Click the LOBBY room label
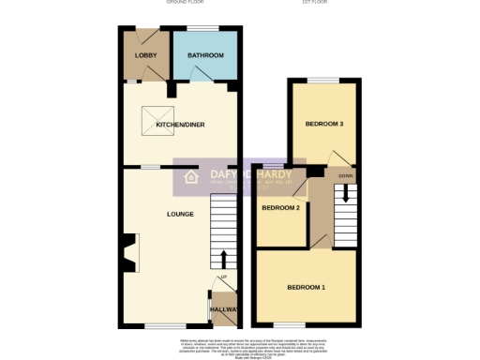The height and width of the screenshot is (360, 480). click(x=145, y=56)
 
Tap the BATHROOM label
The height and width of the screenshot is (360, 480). click(x=205, y=56)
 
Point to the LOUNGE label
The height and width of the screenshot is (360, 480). click(x=180, y=214)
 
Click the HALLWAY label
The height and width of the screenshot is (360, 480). click(x=224, y=309)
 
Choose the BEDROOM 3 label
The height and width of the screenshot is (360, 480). click(x=323, y=125)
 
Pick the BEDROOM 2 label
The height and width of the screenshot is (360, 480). click(x=280, y=207)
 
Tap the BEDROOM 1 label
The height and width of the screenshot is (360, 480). click(x=306, y=286)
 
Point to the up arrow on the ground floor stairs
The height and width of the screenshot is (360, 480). click(x=223, y=257)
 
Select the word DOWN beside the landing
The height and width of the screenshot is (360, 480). click(x=346, y=175)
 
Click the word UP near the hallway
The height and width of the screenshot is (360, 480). click(x=223, y=277)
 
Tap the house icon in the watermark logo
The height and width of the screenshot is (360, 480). click(x=191, y=177)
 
